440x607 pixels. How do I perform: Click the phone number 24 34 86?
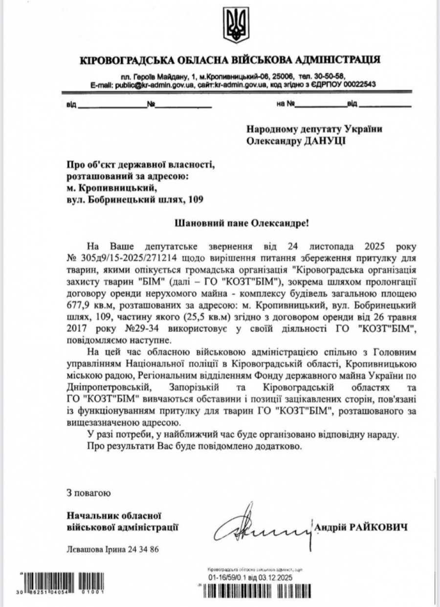(x=141, y=549)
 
